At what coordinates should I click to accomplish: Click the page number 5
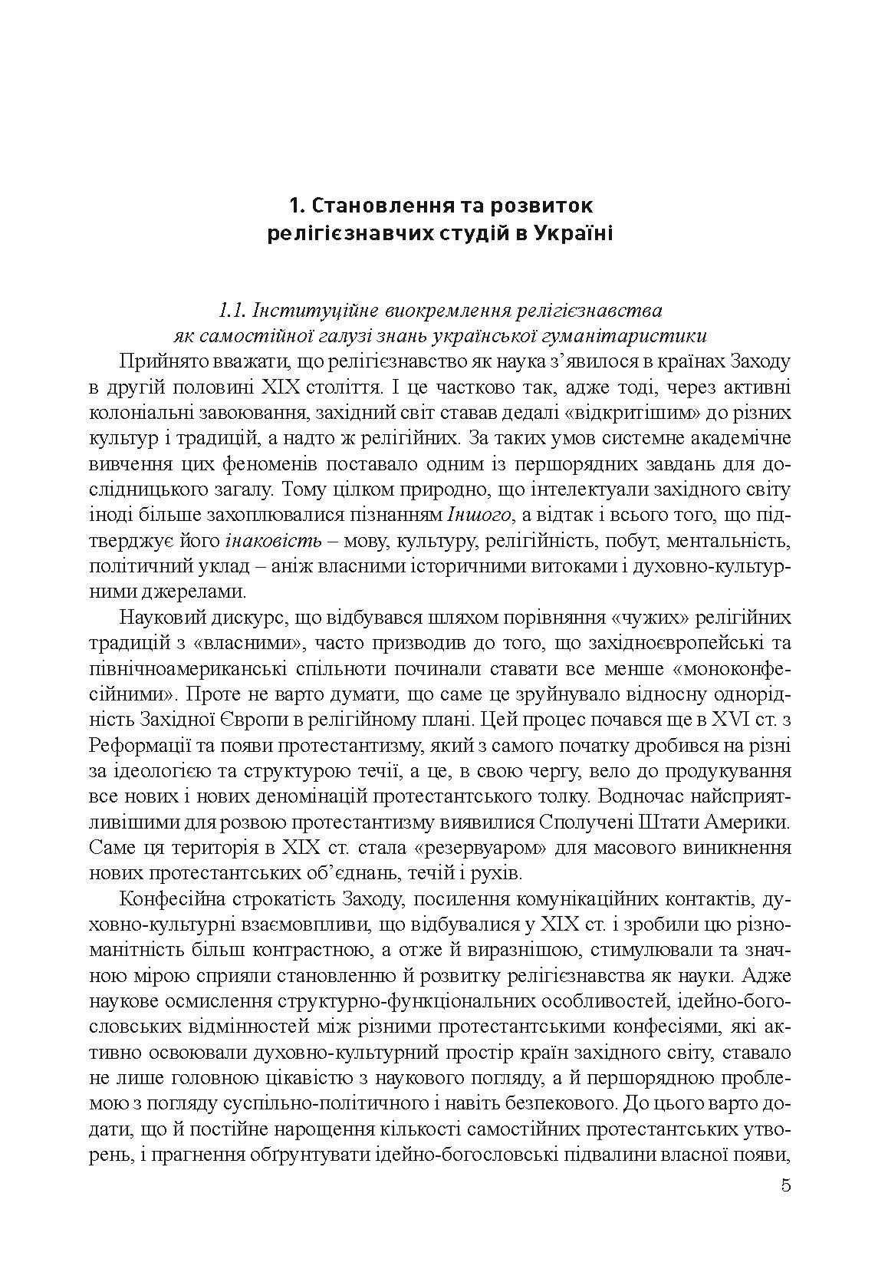click(784, 1185)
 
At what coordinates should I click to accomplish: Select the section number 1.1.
click(233, 311)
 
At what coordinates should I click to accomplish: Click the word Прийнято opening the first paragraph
click(155, 361)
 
